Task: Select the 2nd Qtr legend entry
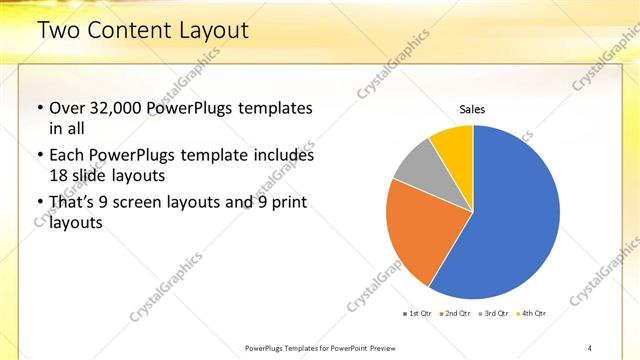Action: tap(455, 313)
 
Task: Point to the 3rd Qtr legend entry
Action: tap(494, 313)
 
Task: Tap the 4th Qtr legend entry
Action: tap(532, 313)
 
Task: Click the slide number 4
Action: tap(590, 347)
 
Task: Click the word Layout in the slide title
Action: tap(214, 31)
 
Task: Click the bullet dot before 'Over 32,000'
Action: tap(39, 108)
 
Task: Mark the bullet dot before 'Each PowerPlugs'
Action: tap(39, 156)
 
